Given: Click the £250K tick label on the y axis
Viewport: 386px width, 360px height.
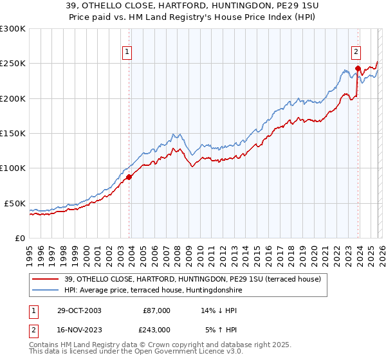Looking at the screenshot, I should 13,64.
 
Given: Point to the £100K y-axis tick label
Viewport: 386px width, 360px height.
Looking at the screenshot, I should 13,168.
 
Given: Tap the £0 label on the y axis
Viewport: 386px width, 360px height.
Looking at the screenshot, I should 19,238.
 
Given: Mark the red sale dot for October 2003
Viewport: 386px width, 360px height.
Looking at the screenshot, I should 129,177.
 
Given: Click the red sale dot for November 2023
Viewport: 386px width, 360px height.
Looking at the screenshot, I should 357,68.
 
